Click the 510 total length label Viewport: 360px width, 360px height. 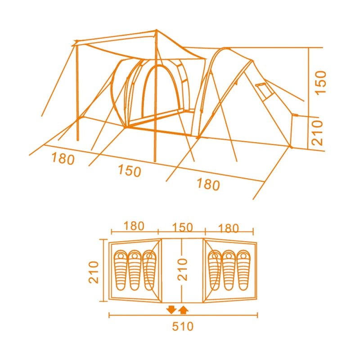tap(183, 326)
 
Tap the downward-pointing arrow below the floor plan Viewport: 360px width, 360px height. tap(171, 310)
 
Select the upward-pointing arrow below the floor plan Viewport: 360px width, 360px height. tap(184, 310)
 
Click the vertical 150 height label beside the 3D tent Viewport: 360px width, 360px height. tap(320, 82)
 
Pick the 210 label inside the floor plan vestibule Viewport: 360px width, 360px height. tap(183, 269)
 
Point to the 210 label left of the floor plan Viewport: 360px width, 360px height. tap(94, 272)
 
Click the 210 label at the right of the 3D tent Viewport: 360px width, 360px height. tap(317, 133)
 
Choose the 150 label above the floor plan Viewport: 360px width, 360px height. tap(182, 227)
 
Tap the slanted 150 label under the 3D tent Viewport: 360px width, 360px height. tap(130, 171)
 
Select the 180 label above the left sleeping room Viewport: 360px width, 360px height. tap(134, 226)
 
